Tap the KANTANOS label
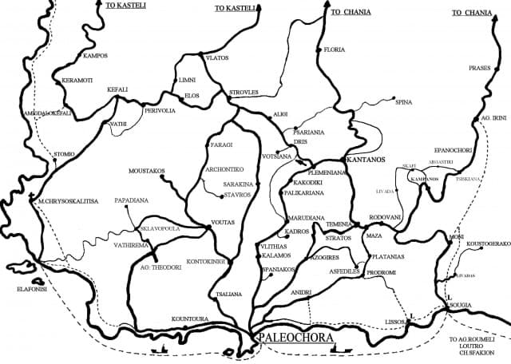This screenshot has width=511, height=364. (x=364, y=160)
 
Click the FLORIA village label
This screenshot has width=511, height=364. (x=335, y=49)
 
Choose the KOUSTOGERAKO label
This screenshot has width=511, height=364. (x=487, y=243)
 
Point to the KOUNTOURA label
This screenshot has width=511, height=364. (x=189, y=318)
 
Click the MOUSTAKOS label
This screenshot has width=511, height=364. (x=147, y=171)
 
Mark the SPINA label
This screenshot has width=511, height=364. (x=404, y=102)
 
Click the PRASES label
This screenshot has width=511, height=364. (x=480, y=68)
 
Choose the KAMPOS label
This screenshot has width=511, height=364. (x=95, y=55)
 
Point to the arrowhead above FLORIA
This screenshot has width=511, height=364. (x=327, y=6)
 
